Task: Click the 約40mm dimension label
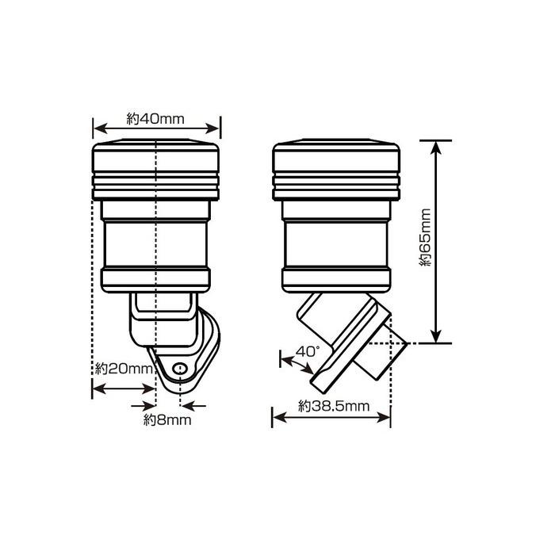[x=155, y=119]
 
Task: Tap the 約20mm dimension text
[x=124, y=369]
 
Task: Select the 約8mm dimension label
[x=167, y=420]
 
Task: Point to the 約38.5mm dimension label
[x=334, y=406]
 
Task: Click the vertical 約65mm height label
[x=425, y=237]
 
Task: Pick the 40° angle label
[x=308, y=352]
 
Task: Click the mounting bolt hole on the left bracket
[x=181, y=369]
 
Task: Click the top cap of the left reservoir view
[x=155, y=170]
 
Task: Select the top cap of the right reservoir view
[x=336, y=170]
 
